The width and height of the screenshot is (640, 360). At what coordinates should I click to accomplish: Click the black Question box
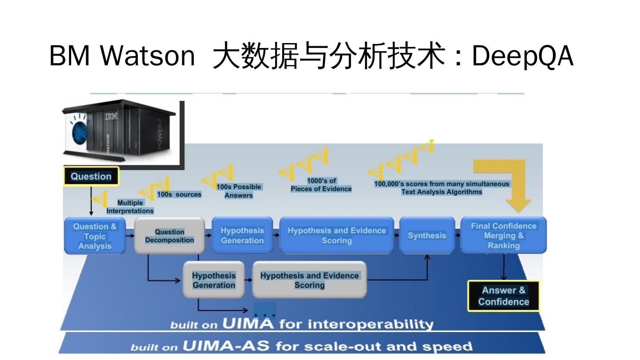click(x=91, y=176)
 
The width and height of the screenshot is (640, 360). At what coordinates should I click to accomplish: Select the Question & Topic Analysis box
click(x=95, y=236)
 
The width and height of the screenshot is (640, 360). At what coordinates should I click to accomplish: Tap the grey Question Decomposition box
click(x=169, y=236)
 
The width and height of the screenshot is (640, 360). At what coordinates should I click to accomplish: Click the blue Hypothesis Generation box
click(x=242, y=236)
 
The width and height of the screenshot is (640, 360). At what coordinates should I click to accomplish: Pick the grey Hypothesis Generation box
click(x=214, y=280)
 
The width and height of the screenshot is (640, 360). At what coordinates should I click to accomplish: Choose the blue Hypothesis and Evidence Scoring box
click(x=336, y=236)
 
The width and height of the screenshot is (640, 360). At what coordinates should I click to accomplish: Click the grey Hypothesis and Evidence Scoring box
click(x=309, y=280)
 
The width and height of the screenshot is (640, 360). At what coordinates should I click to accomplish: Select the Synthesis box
click(x=427, y=236)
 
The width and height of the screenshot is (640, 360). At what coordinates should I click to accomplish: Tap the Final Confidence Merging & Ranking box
click(x=504, y=236)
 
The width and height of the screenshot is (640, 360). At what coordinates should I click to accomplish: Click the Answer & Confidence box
click(x=504, y=296)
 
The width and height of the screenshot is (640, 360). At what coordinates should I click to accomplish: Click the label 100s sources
click(x=179, y=195)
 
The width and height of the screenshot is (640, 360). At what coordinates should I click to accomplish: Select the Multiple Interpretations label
click(x=130, y=207)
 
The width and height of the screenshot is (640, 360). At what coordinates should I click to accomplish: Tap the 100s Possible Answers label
click(x=239, y=191)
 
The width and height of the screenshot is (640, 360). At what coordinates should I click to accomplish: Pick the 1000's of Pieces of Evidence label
click(x=321, y=185)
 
